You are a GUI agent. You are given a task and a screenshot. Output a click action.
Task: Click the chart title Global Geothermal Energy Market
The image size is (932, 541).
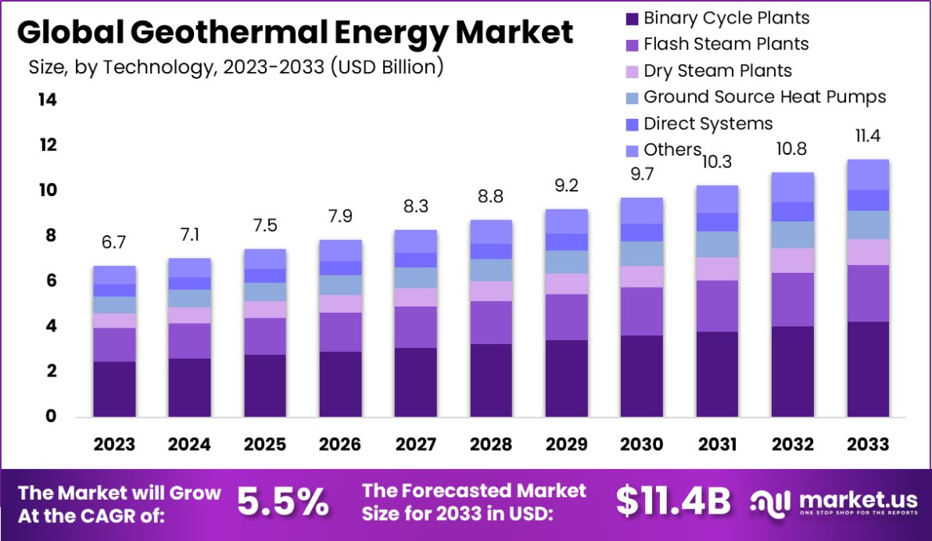295,33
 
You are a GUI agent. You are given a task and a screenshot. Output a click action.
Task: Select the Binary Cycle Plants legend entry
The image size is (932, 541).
726,18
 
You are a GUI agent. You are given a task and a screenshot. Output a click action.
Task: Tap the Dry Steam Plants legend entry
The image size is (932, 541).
716,71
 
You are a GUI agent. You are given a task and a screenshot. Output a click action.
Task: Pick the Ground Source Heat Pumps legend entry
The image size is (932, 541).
764,97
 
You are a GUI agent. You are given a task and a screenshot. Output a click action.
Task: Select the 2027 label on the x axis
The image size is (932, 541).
415,444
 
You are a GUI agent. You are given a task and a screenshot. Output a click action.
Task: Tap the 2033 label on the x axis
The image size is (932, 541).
868,444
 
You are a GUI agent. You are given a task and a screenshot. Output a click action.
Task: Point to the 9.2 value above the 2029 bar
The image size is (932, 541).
567,188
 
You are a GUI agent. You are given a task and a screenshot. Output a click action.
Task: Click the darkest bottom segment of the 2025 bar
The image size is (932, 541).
265,385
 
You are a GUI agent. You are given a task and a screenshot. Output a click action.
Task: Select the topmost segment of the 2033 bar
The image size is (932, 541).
868,174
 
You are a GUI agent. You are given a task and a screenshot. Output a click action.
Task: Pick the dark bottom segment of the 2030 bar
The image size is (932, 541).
642,375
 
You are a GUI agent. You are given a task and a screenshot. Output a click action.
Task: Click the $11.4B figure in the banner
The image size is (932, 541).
673,501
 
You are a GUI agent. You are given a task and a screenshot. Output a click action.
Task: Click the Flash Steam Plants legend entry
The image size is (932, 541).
725,45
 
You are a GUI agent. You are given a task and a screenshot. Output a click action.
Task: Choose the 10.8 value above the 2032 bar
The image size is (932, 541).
793,149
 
